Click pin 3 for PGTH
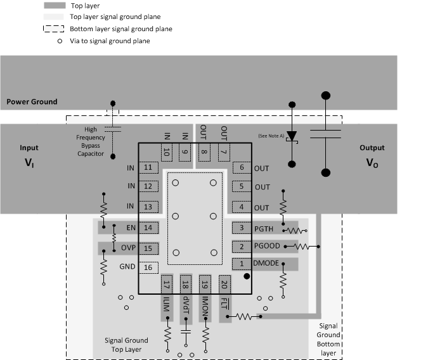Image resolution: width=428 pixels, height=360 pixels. coord(242,228)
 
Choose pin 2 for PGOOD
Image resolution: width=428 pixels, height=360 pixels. coord(242,246)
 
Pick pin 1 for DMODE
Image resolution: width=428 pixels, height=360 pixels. coord(242,263)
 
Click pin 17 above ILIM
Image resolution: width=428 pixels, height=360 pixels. coord(167,285)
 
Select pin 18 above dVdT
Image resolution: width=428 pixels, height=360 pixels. coord(186,285)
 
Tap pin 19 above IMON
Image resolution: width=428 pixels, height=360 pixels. coord(205,285)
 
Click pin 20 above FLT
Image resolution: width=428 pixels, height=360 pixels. coord(224,285)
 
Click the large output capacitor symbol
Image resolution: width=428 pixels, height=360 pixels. coord(326,134)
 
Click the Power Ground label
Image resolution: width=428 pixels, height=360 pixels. coord(32,101)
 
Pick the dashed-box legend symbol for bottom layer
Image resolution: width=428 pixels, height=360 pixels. coord(55,29)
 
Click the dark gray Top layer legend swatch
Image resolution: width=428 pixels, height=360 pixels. coord(55,6)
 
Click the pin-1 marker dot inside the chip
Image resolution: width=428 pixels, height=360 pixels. coord(247,276)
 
